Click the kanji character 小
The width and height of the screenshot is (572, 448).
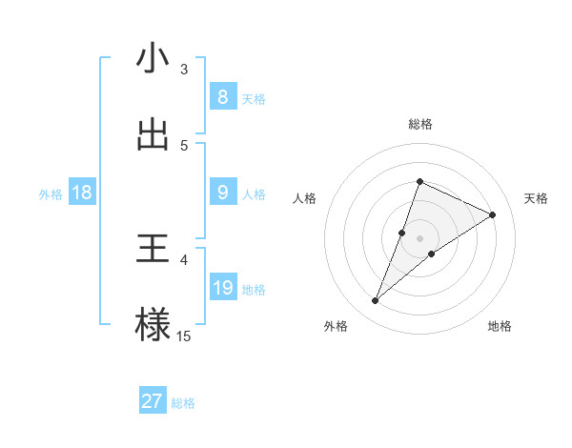(x=153, y=59)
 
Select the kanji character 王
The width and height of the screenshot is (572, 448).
(x=153, y=250)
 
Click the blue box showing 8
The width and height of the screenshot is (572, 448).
(x=222, y=97)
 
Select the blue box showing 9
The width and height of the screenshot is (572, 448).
(x=222, y=193)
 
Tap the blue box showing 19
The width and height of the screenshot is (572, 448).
(x=222, y=288)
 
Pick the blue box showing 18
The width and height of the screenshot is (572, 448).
(x=82, y=193)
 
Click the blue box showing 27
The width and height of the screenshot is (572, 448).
(x=153, y=401)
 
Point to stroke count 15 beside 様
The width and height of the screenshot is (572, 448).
(x=184, y=336)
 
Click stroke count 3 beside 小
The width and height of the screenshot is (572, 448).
(x=184, y=69)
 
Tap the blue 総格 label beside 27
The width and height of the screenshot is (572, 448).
(x=183, y=403)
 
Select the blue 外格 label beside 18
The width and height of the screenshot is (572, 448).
(x=51, y=193)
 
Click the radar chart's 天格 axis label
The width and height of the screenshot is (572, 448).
(x=537, y=198)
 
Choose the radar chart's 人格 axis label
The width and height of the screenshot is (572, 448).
(x=304, y=198)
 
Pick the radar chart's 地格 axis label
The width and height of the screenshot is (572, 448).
(x=500, y=326)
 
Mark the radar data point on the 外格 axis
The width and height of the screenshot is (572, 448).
(x=376, y=301)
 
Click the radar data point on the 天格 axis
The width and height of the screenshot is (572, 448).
(x=493, y=214)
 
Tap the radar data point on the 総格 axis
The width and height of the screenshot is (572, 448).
(x=419, y=181)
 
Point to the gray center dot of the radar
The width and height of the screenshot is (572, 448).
(x=419, y=238)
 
